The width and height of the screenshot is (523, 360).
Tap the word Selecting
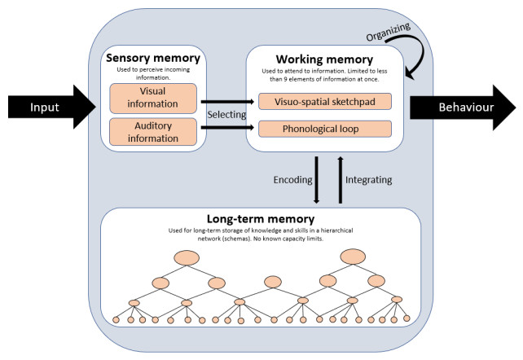(226, 114)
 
